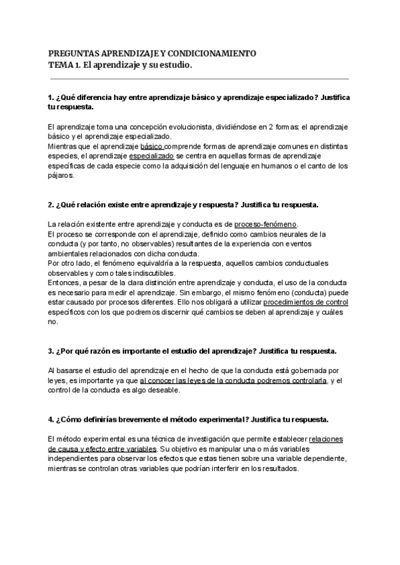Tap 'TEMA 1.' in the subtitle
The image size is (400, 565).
pos(65,65)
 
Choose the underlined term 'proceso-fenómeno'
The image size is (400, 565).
pos(266,224)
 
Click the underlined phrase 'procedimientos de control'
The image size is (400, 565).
pos(306,302)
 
